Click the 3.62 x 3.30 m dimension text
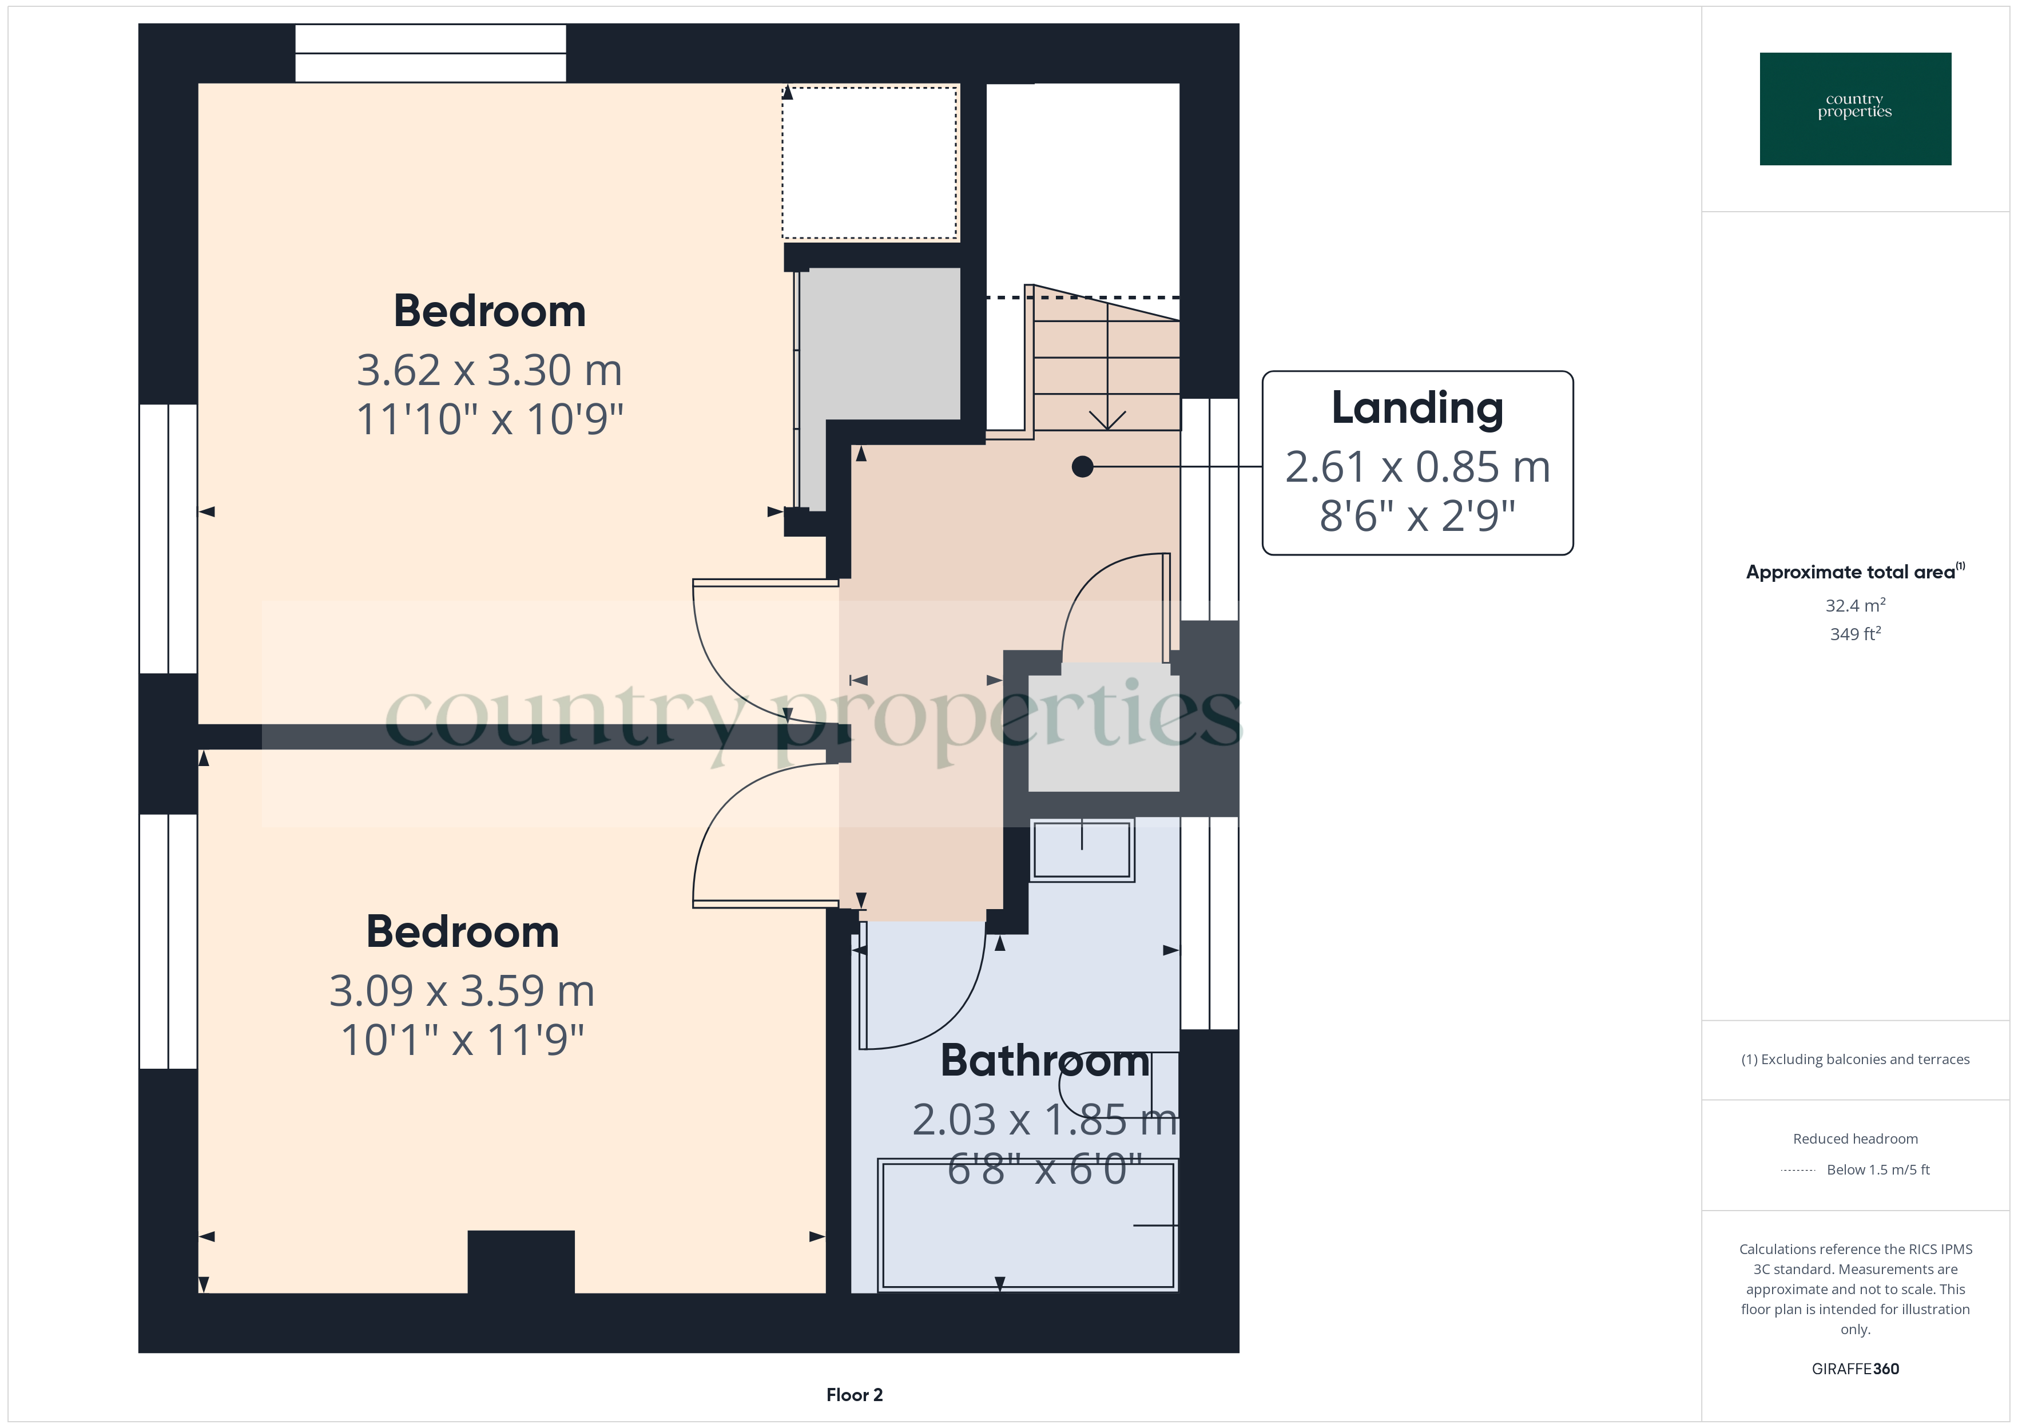[x=490, y=370]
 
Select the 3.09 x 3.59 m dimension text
[x=462, y=991]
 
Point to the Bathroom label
[x=1044, y=1061]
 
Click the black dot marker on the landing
[x=1082, y=467]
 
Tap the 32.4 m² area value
[x=1854, y=606]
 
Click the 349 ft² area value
[x=1854, y=634]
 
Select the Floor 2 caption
[x=853, y=1395]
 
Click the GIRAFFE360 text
[x=1854, y=1369]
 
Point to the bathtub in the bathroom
[x=1027, y=1226]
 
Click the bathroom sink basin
[x=1081, y=850]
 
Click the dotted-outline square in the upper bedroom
[x=869, y=162]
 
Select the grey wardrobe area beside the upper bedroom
[x=879, y=352]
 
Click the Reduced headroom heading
[x=1854, y=1139]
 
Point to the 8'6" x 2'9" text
[x=1417, y=516]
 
